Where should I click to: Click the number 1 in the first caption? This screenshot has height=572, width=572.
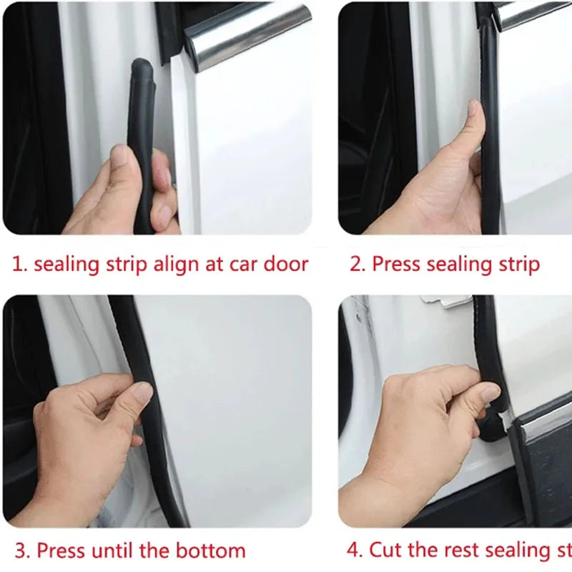[17, 265]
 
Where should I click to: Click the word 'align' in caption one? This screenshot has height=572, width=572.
[177, 265]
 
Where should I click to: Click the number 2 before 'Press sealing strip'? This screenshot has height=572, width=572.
[355, 265]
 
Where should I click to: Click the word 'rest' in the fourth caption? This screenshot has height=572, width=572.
[462, 550]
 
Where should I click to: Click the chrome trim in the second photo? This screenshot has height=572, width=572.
[533, 13]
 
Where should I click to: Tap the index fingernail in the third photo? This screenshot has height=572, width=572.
[144, 391]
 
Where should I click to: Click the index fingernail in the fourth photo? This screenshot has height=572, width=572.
[490, 392]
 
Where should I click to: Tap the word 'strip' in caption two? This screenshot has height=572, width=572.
[520, 265]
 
